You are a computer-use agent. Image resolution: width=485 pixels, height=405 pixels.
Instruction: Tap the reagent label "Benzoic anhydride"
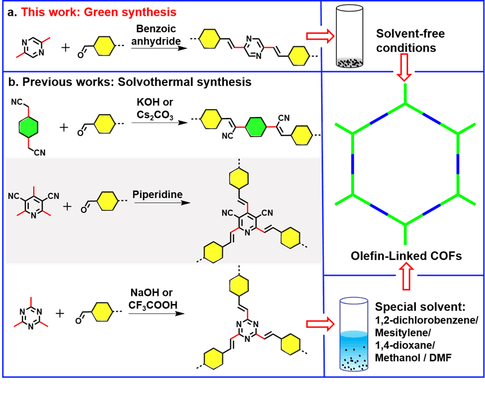[155, 35]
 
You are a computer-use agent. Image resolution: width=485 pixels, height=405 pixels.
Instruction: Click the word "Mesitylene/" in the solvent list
[401, 333]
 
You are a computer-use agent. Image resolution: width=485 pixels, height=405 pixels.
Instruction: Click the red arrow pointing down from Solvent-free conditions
[403, 71]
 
